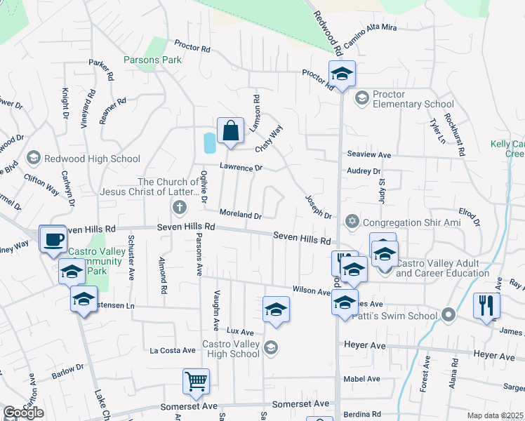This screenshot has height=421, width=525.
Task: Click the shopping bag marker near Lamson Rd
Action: tap(230, 131)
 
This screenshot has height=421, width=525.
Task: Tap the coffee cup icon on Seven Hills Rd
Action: tap(53, 239)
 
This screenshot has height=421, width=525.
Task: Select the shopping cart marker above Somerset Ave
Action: tap(197, 382)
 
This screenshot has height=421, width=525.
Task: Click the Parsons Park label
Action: tap(152, 60)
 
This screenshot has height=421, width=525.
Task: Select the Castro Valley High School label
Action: tap(230, 349)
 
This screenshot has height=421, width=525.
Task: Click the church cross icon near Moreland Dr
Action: tap(179, 208)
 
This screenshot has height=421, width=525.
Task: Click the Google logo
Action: tap(23, 413)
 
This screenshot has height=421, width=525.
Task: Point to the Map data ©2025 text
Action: tap(495, 415)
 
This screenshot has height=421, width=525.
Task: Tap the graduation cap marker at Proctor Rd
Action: tap(342, 74)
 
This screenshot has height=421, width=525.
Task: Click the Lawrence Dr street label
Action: tap(240, 168)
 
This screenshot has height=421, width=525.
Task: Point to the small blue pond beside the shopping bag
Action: tap(209, 143)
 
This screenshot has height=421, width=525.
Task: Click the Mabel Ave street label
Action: tap(362, 379)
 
